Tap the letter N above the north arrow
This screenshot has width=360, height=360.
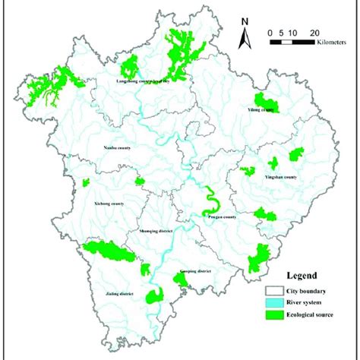click(x=244, y=22)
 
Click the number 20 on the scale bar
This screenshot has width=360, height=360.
click(x=313, y=33)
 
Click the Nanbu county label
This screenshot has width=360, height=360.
click(x=117, y=148)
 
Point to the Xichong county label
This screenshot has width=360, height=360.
click(x=109, y=204)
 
